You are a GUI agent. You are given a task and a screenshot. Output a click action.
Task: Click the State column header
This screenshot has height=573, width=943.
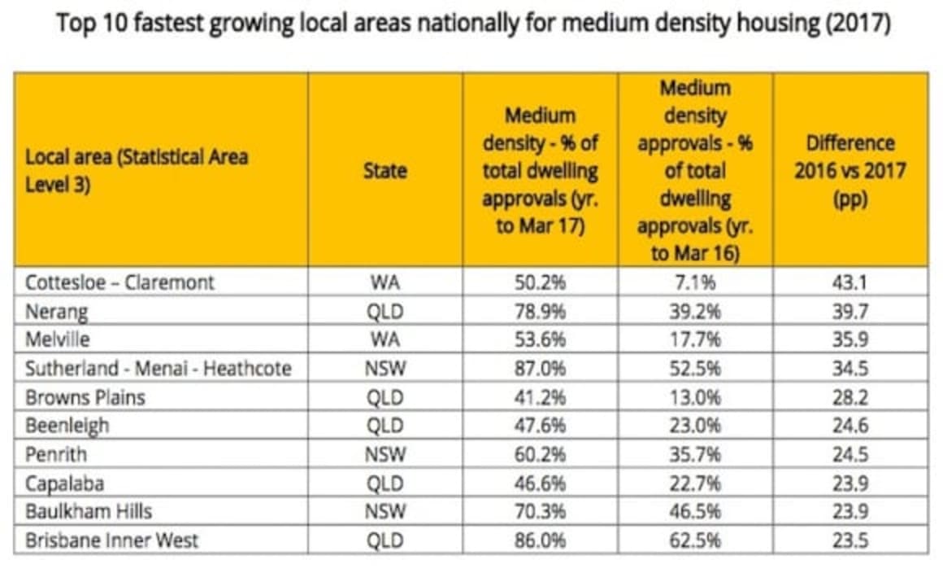click(385, 171)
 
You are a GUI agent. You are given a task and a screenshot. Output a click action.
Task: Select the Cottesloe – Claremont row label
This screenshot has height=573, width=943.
click(120, 282)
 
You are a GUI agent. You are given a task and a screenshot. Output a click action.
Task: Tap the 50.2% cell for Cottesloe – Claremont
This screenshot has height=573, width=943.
click(540, 282)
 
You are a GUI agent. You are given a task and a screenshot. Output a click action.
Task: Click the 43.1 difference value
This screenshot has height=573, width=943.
click(850, 282)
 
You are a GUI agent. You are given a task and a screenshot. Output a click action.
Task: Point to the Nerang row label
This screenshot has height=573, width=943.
click(56, 311)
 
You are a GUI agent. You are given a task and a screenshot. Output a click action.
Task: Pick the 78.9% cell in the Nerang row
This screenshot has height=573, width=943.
click(540, 311)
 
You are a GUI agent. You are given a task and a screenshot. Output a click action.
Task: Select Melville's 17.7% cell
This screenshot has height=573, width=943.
click(695, 339)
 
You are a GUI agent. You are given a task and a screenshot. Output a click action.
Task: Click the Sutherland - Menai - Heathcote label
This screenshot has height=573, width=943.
click(158, 369)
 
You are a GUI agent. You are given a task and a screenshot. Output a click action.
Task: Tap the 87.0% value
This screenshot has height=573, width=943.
click(540, 369)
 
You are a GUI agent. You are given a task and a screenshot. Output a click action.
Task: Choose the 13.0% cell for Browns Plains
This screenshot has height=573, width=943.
click(695, 397)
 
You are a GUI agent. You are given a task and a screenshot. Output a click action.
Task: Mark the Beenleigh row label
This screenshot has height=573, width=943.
click(67, 426)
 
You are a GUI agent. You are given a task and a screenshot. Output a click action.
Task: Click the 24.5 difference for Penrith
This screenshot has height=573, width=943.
click(850, 454)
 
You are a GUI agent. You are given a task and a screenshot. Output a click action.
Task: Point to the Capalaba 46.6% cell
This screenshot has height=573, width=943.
click(540, 483)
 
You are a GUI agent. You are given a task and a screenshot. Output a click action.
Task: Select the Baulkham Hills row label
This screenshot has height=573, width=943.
click(89, 512)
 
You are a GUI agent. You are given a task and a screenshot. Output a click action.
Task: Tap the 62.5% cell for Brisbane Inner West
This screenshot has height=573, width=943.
click(695, 540)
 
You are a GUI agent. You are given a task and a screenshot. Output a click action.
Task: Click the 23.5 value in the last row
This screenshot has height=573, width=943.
click(850, 540)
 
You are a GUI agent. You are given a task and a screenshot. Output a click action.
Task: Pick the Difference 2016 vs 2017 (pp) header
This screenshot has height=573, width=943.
click(850, 171)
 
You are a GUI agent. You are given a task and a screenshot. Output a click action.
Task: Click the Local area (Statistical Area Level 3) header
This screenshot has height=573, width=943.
click(137, 170)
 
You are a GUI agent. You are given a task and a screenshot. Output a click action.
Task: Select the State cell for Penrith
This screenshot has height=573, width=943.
click(385, 454)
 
